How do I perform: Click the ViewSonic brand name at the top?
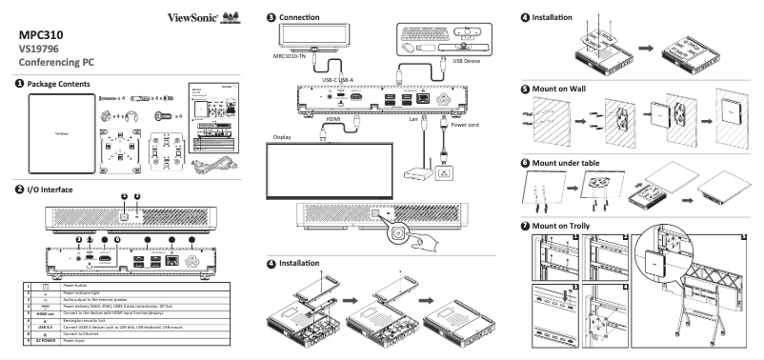[x=191, y=17]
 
